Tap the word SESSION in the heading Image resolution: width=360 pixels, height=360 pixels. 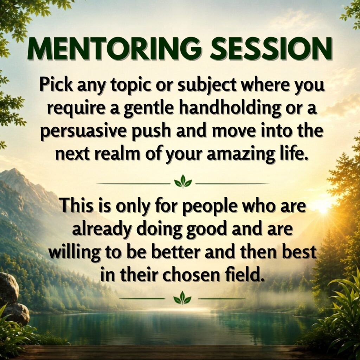coord(271,49)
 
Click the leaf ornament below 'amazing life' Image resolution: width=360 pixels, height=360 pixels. coord(183,181)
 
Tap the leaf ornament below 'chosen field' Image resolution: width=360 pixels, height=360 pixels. coord(182,297)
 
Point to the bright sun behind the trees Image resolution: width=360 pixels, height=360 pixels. coord(324,206)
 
